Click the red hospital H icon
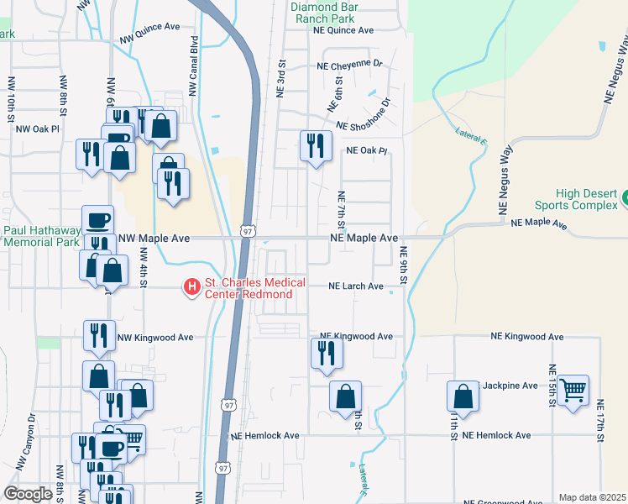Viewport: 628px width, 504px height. coord(191,288)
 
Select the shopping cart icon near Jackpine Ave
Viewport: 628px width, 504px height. coord(573,389)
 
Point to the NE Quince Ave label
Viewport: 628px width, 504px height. coord(343,29)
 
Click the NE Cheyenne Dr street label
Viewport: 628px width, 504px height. coord(349,64)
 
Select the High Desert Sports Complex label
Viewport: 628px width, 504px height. coord(576,199)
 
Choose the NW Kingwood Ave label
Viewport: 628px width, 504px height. coord(155,338)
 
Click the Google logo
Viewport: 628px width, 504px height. coord(28,494)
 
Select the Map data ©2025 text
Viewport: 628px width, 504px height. coord(592,497)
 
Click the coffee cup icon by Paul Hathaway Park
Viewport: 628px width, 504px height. coord(98,220)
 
